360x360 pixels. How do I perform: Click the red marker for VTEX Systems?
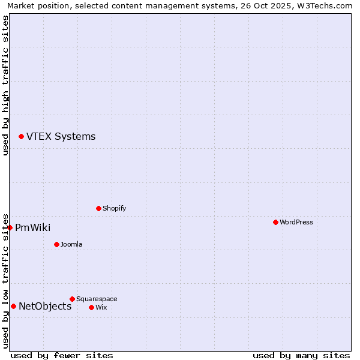click(x=21, y=137)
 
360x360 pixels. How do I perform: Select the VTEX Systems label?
click(x=61, y=137)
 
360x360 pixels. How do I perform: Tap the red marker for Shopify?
click(x=98, y=209)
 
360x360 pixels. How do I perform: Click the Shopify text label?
click(x=114, y=209)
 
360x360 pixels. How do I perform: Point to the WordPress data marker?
click(x=275, y=223)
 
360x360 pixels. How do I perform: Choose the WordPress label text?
click(x=296, y=223)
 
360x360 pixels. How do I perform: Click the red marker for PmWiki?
click(x=10, y=227)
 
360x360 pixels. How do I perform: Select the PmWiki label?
click(x=32, y=228)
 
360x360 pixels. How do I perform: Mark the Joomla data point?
click(x=56, y=244)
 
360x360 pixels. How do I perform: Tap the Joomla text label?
click(x=71, y=245)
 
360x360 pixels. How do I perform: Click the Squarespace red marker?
click(x=72, y=299)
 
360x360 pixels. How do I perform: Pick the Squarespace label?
click(x=97, y=299)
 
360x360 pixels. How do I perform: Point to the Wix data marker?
click(x=91, y=307)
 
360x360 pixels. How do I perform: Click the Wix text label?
click(x=101, y=308)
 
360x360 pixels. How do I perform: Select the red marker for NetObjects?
click(x=13, y=307)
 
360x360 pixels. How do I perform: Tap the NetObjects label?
click(x=45, y=307)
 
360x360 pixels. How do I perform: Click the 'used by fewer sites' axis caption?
click(x=62, y=356)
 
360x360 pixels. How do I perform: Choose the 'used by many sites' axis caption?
click(x=301, y=356)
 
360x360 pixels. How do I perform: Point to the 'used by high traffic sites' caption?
click(x=6, y=85)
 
